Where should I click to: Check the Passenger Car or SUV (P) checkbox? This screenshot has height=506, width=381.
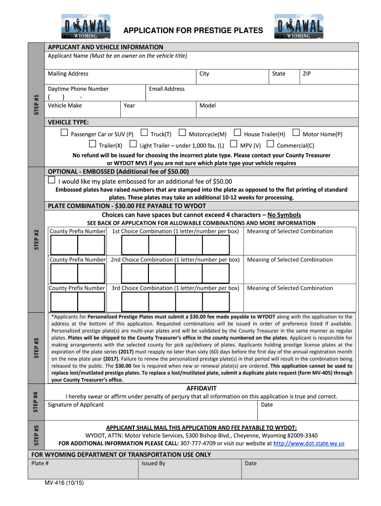(x=64, y=133)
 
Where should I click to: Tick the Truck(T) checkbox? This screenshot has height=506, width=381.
(x=144, y=132)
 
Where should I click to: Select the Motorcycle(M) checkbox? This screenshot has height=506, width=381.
(x=182, y=132)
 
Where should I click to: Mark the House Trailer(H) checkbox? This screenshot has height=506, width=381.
(x=238, y=132)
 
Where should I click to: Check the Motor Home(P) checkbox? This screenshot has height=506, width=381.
(x=296, y=132)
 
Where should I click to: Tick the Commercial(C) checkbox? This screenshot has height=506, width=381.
(x=270, y=144)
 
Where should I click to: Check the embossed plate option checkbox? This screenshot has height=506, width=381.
(x=51, y=181)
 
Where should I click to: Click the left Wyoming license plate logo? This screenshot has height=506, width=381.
(x=87, y=27)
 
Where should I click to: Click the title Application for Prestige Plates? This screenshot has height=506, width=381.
(x=193, y=31)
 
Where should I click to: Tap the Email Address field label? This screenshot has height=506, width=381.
(x=167, y=89)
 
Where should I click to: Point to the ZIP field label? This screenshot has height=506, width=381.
(x=307, y=74)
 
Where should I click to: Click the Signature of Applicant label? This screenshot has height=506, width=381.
(x=76, y=405)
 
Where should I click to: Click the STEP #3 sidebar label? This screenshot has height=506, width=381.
(x=37, y=348)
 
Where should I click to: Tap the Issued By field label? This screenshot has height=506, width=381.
(x=153, y=464)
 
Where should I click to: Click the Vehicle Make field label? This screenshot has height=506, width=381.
(x=65, y=105)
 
